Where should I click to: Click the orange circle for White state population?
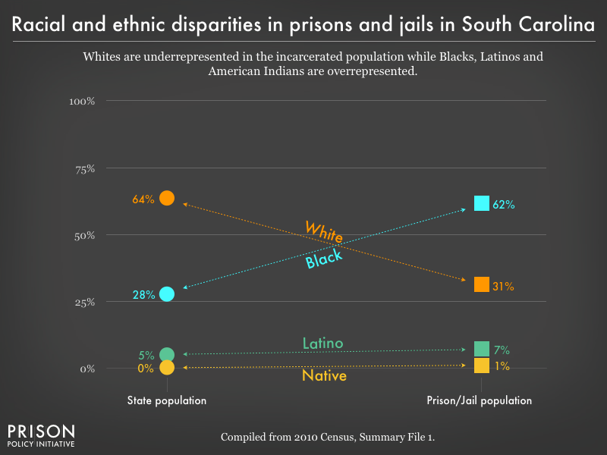pyautogui.click(x=167, y=198)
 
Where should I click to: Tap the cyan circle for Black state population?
pyautogui.click(x=167, y=293)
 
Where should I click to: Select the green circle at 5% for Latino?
pyautogui.click(x=167, y=354)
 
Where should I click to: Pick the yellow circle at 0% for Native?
pyautogui.click(x=167, y=368)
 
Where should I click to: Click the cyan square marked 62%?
pyautogui.click(x=481, y=202)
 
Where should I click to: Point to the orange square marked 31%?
pyautogui.click(x=481, y=284)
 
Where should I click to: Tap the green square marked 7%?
pyautogui.click(x=481, y=349)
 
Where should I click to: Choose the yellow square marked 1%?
pyautogui.click(x=481, y=366)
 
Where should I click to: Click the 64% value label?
pyautogui.click(x=143, y=199)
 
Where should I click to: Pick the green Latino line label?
pyautogui.click(x=322, y=343)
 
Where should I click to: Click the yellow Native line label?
pyautogui.click(x=324, y=375)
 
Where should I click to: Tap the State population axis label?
pyautogui.click(x=167, y=400)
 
